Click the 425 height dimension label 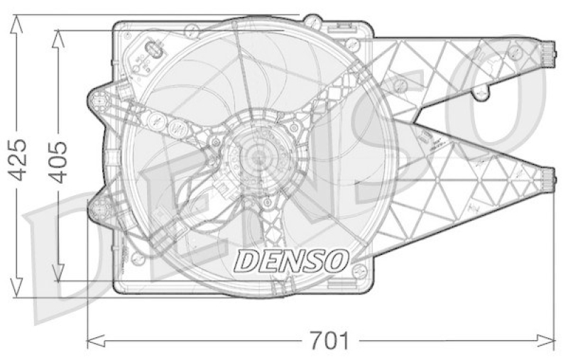pos(20,157)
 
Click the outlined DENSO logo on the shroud pos(291,261)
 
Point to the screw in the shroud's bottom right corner pos(358,271)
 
